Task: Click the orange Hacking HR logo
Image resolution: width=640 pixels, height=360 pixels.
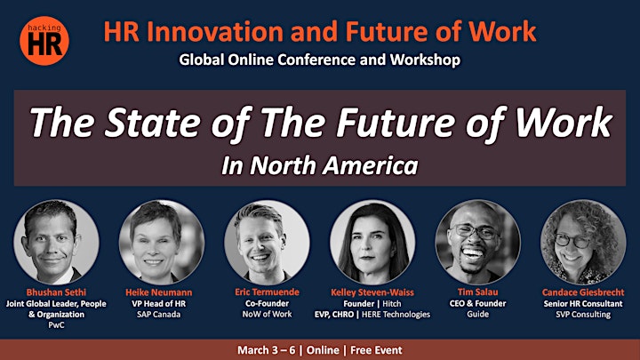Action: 44,41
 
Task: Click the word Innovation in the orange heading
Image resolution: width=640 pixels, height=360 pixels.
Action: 215,32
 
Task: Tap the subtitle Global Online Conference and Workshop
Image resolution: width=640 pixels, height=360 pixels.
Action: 320,60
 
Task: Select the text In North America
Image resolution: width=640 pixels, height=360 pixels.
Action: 320,165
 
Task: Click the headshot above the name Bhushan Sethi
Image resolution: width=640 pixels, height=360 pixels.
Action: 56,242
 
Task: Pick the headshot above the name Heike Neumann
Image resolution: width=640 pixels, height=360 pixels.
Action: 162,242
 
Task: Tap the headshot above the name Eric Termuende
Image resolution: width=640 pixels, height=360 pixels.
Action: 267,242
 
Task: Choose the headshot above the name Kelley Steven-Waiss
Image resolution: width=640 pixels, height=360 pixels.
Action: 372,242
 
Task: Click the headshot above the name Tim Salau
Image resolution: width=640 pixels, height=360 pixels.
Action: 477,242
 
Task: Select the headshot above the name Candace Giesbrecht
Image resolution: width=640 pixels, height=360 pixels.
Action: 583,242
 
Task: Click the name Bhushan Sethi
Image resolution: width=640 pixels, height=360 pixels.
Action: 56,292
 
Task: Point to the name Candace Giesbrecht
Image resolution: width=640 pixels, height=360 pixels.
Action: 583,292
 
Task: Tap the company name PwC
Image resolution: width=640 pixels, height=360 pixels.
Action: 56,325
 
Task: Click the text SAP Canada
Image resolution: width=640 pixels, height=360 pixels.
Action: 159,315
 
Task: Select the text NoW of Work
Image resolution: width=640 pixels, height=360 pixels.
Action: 267,315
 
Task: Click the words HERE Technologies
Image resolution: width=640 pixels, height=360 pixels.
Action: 396,315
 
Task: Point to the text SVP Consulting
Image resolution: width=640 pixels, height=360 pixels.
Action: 583,315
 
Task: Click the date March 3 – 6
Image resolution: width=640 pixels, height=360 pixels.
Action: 266,350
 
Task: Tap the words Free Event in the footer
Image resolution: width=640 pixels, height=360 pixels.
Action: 376,350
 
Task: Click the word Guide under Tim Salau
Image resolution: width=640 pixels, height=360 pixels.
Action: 478,314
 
